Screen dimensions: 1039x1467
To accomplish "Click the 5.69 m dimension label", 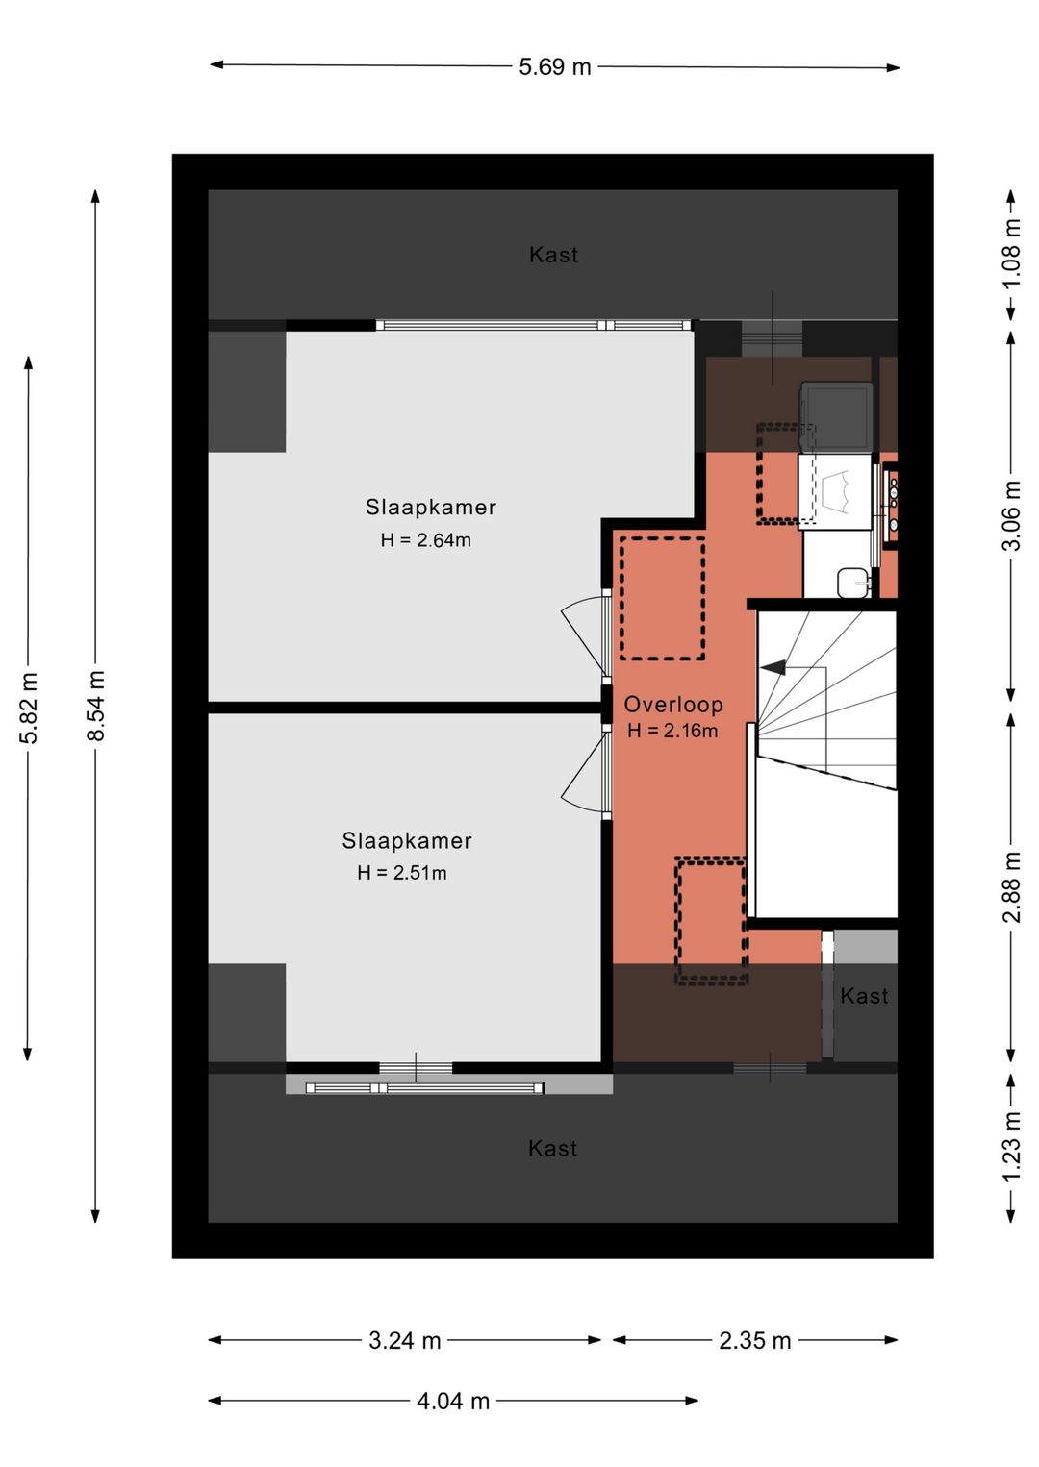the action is point(554,66).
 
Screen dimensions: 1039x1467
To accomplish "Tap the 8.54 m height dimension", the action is point(95,706).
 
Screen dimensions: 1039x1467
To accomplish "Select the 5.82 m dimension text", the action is point(29,708).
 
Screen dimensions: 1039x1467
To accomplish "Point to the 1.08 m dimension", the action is point(1011,254).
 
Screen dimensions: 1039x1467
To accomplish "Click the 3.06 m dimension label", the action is point(1011,515).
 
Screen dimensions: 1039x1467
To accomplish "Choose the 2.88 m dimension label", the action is point(1011,887).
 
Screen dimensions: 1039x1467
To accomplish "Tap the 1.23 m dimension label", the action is point(1011,1146).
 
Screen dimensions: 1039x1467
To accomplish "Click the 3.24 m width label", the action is point(404,1341).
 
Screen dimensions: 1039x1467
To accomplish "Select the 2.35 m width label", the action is point(754,1341).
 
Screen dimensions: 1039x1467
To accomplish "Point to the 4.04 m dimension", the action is point(453,1402).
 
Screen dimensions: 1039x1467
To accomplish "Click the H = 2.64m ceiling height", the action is point(426,540).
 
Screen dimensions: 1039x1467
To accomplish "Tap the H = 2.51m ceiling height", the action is point(402,873).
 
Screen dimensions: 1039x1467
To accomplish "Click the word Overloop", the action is point(673,705).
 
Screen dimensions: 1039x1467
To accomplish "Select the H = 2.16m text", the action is point(672,731).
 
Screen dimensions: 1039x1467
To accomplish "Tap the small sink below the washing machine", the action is point(853,583).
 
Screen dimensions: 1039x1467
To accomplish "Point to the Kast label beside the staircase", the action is point(864,996).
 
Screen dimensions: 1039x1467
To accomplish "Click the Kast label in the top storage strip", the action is point(553,255).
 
